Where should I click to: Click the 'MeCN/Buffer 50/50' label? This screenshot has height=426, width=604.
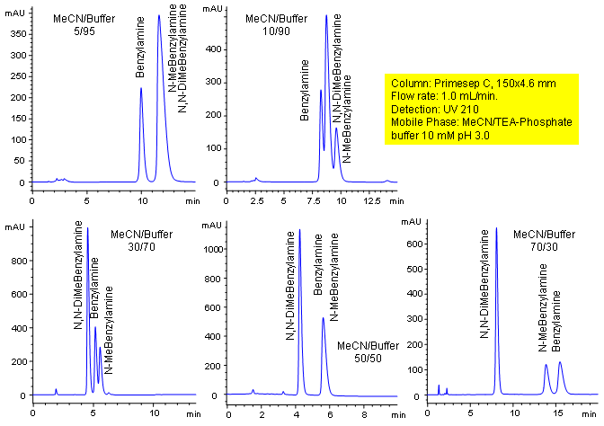pyautogui.click(x=368, y=351)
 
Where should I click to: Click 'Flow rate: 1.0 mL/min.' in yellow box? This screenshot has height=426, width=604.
pyautogui.click(x=444, y=95)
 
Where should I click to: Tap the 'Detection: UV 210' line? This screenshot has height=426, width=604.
pyautogui.click(x=433, y=108)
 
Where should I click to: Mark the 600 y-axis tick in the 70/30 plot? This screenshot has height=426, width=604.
pyautogui.click(x=411, y=243)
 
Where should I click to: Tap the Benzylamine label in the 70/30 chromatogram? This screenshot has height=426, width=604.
pyautogui.click(x=556, y=324)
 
